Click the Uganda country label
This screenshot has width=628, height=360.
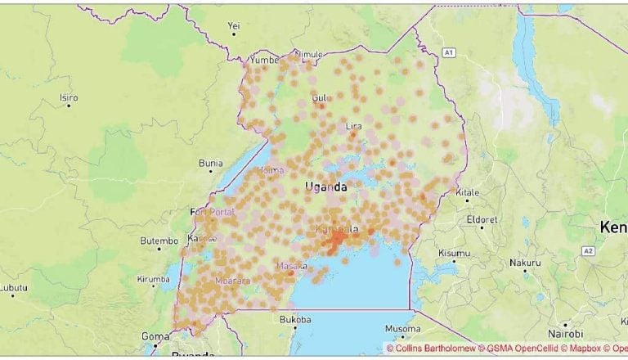[325, 187]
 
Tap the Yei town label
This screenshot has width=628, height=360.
[235, 25]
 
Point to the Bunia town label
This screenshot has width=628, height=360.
[210, 163]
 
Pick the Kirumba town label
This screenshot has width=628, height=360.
[153, 279]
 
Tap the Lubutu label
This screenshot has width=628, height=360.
[12, 287]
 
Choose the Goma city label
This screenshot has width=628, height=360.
[155, 335]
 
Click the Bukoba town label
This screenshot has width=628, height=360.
[295, 319]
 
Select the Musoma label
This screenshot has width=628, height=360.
[402, 329]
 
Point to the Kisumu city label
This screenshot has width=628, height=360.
[454, 254]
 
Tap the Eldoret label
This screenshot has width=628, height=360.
[481, 219]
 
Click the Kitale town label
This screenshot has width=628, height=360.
[468, 193]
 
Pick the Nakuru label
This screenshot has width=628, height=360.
[525, 263]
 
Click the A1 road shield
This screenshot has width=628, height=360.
[447, 52]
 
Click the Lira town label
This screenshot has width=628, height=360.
[353, 126]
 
